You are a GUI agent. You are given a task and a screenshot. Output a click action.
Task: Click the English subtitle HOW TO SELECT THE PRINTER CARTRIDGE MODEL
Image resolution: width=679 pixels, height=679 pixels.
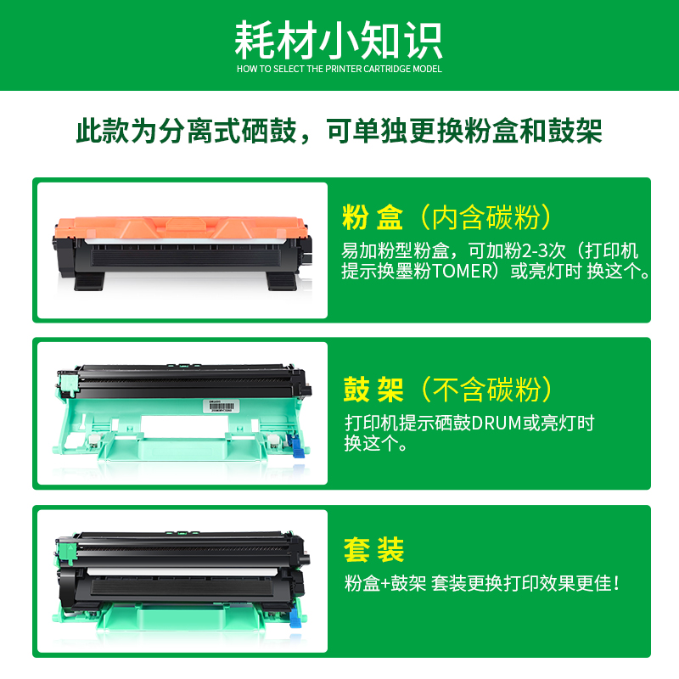[x=339, y=70]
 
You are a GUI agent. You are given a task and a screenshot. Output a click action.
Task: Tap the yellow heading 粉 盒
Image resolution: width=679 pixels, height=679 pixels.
[x=373, y=217]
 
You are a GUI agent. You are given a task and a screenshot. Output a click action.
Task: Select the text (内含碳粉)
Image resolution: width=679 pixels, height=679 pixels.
[x=485, y=217]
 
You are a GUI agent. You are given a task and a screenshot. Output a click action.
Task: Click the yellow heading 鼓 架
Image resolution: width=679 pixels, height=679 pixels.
[x=373, y=390]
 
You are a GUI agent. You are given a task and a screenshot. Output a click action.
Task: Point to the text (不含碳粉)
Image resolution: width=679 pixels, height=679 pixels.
[x=485, y=390]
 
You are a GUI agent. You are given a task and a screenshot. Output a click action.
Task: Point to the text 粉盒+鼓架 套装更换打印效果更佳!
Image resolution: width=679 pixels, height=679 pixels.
[x=481, y=583]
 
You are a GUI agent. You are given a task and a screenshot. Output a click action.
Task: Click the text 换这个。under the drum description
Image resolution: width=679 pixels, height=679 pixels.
[x=376, y=443]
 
